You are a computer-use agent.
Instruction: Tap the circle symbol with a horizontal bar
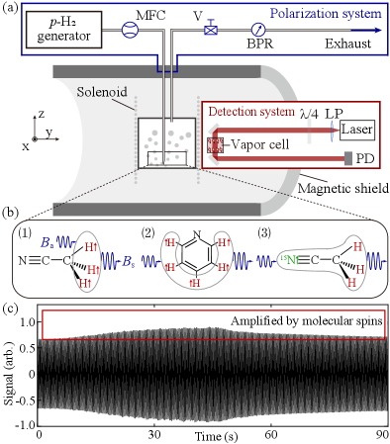tap(130, 30)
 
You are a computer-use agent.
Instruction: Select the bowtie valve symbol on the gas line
tap(211, 30)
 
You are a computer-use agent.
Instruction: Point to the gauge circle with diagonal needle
tap(258, 31)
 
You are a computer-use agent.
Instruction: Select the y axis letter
tap(49, 131)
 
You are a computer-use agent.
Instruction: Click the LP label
tap(334, 114)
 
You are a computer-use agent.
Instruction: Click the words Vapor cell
tap(260, 144)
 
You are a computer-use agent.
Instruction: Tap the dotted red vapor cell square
tap(215, 145)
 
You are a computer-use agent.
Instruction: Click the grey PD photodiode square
tap(348, 158)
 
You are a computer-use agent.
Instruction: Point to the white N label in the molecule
tap(196, 234)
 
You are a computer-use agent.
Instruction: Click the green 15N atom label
tap(288, 260)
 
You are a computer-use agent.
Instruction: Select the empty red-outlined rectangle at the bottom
tap(213, 324)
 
